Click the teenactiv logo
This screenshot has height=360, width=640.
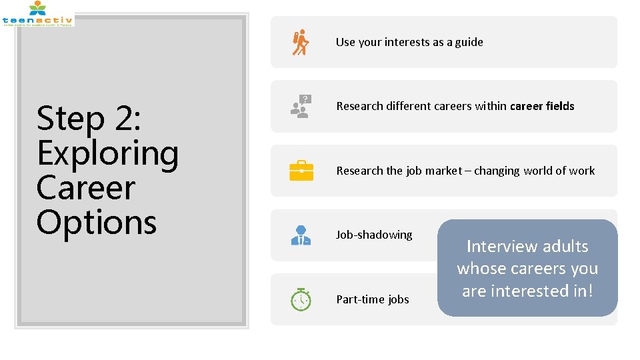point(37,13)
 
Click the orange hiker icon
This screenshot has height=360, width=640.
point(301,42)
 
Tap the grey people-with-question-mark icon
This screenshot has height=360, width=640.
point(301,106)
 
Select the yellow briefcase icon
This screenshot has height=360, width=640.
point(301,171)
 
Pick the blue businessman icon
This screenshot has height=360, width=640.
point(301,235)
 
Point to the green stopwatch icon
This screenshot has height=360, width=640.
point(301,299)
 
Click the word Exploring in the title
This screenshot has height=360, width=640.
point(108,153)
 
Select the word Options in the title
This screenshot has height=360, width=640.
point(97,222)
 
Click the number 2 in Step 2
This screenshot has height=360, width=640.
point(123,119)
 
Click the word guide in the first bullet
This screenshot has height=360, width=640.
point(469,42)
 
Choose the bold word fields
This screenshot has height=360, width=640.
point(560,106)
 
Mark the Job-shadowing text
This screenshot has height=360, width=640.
point(374,235)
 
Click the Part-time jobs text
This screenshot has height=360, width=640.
point(373,299)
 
